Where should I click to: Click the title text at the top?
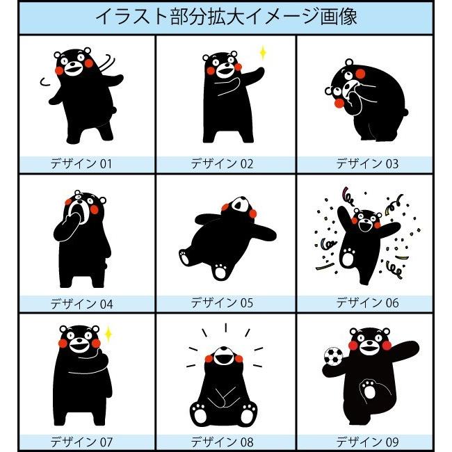[226, 17]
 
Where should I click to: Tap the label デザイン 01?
[81, 165]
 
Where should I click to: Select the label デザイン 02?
[223, 165]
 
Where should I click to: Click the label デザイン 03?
[367, 165]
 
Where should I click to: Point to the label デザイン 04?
[81, 304]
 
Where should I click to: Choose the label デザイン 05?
[223, 303]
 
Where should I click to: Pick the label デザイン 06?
[367, 303]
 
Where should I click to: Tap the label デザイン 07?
[81, 442]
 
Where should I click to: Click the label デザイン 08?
[223, 442]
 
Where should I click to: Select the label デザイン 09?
[367, 442]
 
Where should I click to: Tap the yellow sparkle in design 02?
[263, 53]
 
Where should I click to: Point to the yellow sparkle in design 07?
[108, 335]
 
